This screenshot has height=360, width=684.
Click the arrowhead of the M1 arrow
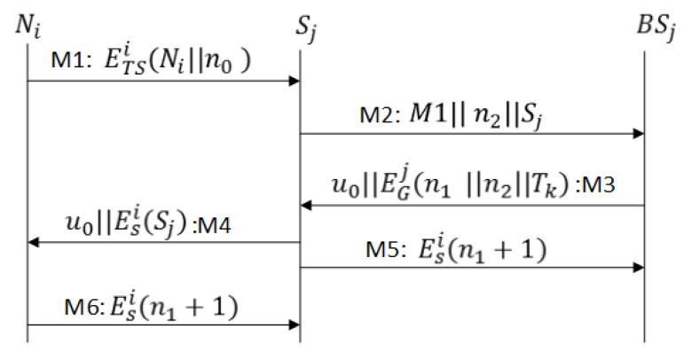point(296,82)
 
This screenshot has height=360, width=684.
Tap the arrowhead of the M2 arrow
point(639,134)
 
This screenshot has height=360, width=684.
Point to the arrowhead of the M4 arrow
point(34,241)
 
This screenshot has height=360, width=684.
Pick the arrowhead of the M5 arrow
point(639,265)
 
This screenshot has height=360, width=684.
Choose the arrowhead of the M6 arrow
point(296,325)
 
